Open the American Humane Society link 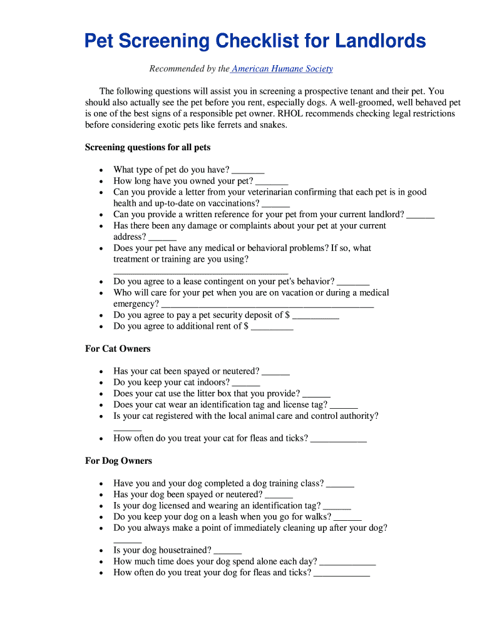[x=282, y=69]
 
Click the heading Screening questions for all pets [x=148, y=148]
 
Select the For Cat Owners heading [x=118, y=349]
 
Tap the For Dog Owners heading [x=118, y=461]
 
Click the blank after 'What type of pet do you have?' [x=248, y=171]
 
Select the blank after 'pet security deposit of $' [x=315, y=316]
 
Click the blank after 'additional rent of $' [x=272, y=327]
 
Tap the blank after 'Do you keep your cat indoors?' [x=246, y=384]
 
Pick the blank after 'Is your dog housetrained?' [x=227, y=551]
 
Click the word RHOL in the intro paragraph [x=287, y=114]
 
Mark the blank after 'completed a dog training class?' [x=340, y=485]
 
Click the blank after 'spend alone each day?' [x=347, y=563]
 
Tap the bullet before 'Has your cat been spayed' [x=101, y=372]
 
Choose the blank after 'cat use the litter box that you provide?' [x=316, y=395]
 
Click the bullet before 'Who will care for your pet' [x=101, y=293]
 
